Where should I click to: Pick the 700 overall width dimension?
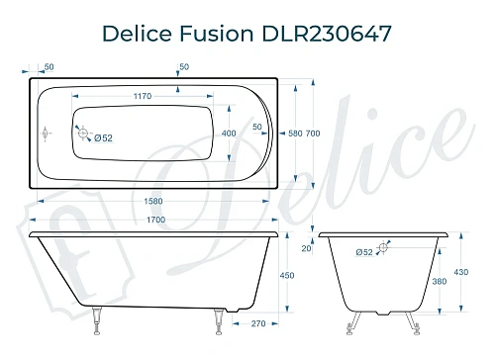312,134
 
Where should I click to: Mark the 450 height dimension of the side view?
286,276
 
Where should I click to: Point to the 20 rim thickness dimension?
307,249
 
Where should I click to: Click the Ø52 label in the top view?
102,136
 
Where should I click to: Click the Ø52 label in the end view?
364,253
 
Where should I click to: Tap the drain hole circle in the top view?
83,133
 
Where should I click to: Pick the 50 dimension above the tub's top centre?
182,67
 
